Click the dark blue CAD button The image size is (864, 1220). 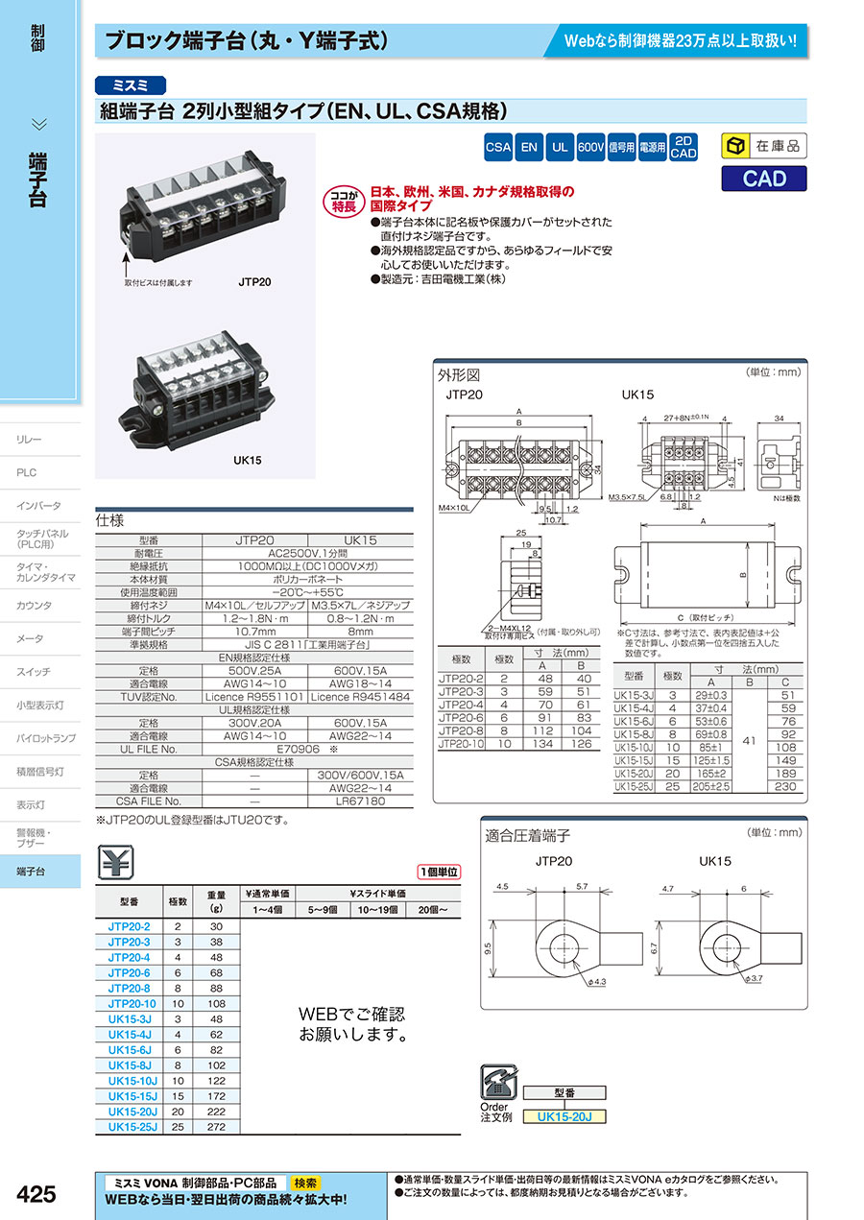[764, 179]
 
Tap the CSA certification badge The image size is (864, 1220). [498, 148]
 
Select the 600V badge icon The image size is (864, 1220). [590, 148]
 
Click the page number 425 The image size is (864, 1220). [36, 1194]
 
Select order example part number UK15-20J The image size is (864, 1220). [565, 1116]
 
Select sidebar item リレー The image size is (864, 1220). [30, 439]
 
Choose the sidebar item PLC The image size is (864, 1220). [26, 472]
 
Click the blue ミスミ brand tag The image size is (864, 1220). [131, 84]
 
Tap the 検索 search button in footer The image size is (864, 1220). [306, 1183]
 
